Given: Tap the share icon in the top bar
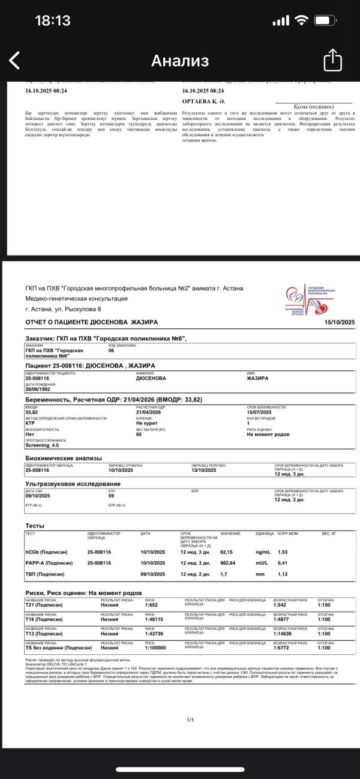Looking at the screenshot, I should (332, 60).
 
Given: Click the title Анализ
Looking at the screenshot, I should (180, 61).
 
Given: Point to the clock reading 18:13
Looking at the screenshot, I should (53, 20).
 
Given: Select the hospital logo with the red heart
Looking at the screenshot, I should (311, 299).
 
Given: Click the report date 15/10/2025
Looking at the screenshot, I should (340, 322).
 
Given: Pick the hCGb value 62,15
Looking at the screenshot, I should (226, 552).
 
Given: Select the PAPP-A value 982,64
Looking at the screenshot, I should (227, 563).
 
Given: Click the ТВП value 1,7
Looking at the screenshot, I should (224, 574).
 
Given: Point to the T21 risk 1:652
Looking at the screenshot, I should (151, 605).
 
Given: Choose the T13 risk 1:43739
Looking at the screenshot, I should (154, 633).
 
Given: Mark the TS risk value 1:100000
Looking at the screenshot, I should (155, 648).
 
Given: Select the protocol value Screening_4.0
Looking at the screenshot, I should (42, 445).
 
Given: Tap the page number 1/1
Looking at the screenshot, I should (190, 720).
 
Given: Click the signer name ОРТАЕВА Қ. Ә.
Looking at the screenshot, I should (203, 101).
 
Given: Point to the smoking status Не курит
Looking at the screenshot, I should (146, 423).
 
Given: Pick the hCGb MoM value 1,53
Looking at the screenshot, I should (283, 552).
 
